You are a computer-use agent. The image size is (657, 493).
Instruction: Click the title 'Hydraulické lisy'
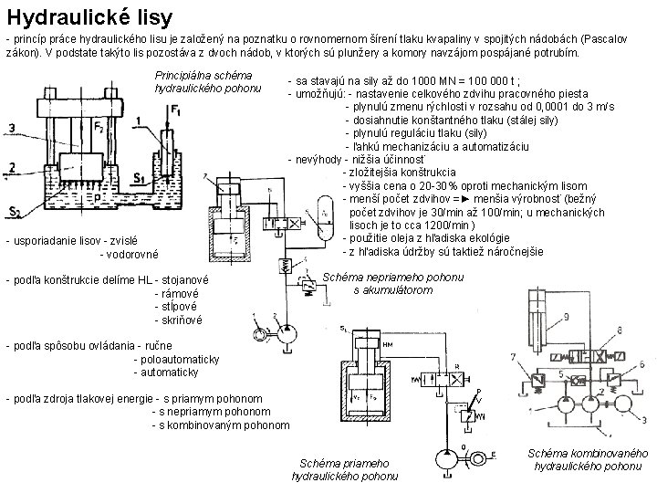(x=89, y=17)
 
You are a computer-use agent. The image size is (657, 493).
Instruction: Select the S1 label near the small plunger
(x=141, y=177)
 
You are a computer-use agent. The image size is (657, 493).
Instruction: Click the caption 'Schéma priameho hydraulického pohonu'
(x=343, y=469)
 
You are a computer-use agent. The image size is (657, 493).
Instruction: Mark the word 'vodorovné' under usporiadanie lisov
(x=129, y=254)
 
